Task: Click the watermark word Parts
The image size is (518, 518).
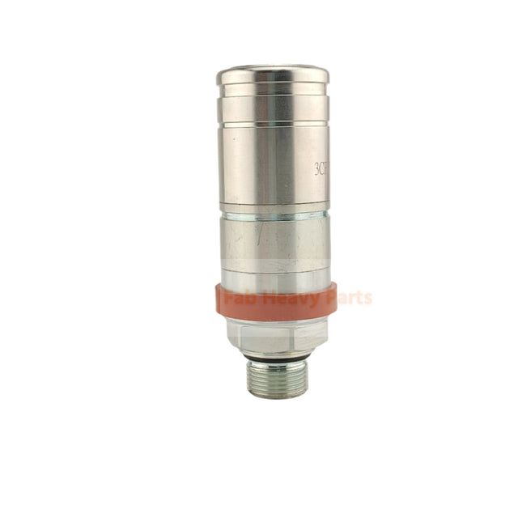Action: point(346,298)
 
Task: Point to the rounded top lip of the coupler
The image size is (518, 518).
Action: point(273,75)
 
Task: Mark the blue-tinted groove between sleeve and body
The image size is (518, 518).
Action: point(273,214)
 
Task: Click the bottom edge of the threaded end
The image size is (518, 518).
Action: point(278,396)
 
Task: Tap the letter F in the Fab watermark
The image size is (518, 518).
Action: point(229,299)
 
